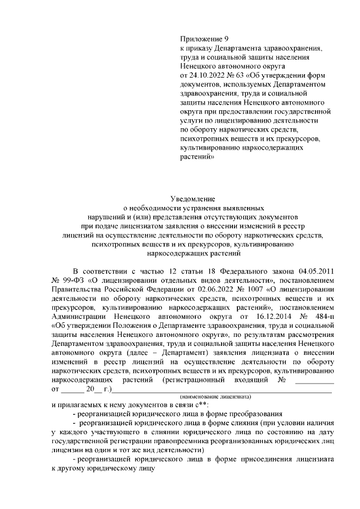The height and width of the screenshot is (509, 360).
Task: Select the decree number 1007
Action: point(245,289)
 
